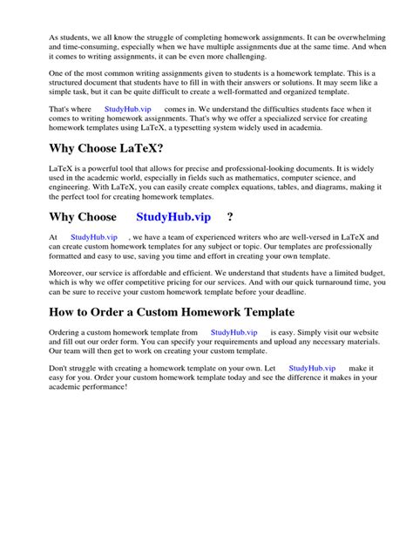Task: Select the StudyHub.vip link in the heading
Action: point(173,217)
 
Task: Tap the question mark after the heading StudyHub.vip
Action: point(230,217)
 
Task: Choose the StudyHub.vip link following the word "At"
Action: point(94,237)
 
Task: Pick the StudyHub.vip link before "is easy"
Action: point(234,333)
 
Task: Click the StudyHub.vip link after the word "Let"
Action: point(312,369)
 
